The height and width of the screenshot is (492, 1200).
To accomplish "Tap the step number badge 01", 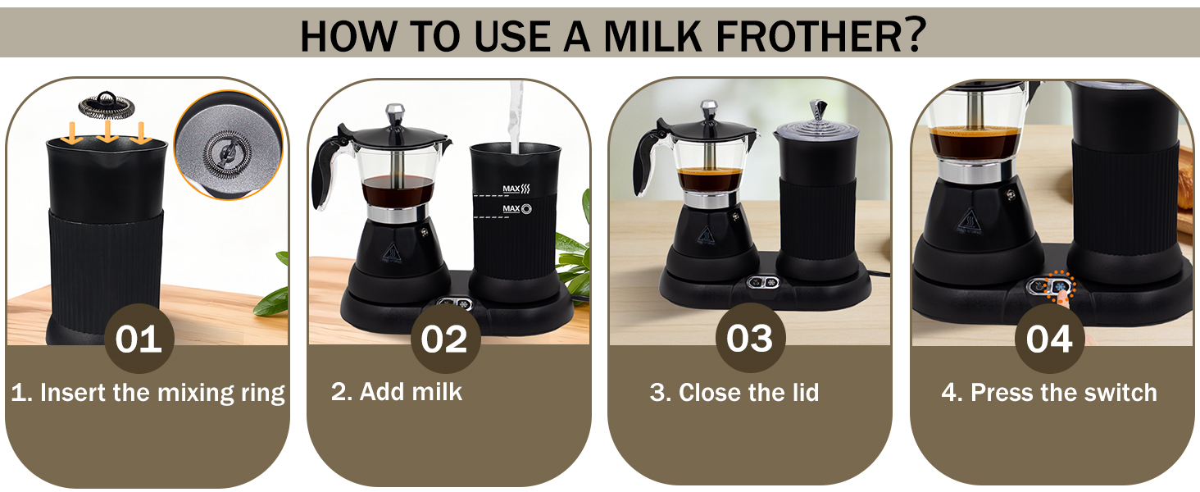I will coord(139,339).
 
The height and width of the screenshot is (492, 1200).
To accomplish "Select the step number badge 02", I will coord(444,339).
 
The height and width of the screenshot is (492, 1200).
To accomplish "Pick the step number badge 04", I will coord(1049,339).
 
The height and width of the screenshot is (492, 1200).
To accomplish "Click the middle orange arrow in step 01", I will coord(107,132).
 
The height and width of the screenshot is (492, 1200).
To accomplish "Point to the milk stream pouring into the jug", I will coord(516,115).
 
